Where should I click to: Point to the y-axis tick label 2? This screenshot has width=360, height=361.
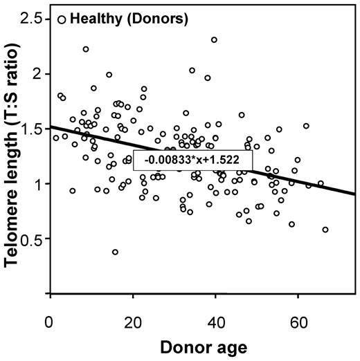coord(39,74)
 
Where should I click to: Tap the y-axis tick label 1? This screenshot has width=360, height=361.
coord(39,184)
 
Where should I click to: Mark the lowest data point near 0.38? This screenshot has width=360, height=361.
coord(115,252)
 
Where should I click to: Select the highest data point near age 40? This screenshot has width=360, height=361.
coord(215,40)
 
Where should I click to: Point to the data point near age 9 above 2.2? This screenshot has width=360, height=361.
coord(86,49)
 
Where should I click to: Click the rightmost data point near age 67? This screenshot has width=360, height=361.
coord(325,230)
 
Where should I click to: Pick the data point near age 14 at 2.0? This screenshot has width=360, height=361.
coord(109,75)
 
